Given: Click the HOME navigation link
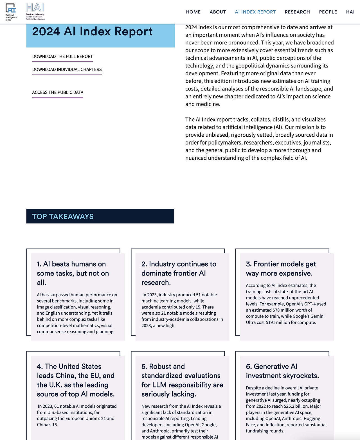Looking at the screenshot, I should click(193, 12).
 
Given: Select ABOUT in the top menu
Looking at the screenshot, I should click(218, 12).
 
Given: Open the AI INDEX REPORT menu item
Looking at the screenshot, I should click(255, 12).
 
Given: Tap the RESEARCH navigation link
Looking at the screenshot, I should click(297, 12).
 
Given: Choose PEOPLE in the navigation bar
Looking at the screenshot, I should click(328, 12).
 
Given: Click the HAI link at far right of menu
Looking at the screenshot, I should click(350, 12).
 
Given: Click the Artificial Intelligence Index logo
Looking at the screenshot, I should click(11, 12).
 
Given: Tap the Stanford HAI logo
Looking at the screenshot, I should click(35, 12).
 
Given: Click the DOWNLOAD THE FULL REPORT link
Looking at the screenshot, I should click(62, 57).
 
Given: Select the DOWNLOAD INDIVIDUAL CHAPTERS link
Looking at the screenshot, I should click(67, 69).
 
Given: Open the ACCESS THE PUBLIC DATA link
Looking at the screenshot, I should click(58, 92).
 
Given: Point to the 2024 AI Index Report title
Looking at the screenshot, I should click(92, 31).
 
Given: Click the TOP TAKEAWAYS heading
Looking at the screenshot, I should click(63, 216).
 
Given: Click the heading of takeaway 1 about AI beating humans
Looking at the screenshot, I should click(73, 273).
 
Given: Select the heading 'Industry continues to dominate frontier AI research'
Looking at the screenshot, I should click(179, 273).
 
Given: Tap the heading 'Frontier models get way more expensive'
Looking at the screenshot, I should click(281, 268).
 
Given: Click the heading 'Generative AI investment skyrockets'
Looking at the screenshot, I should click(282, 371).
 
